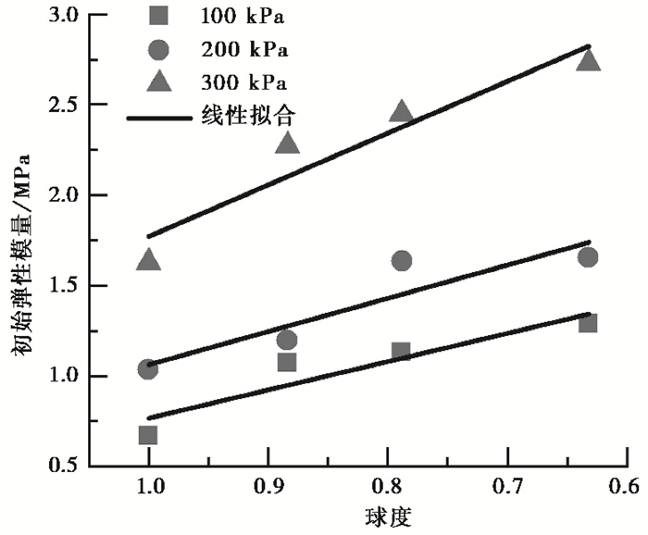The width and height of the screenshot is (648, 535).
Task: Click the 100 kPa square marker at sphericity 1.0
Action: tap(148, 435)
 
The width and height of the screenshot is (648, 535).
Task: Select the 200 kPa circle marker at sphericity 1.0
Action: tap(148, 369)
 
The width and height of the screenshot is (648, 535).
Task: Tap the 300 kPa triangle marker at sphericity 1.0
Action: tap(148, 261)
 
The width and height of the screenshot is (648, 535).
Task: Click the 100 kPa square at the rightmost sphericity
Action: tap(588, 323)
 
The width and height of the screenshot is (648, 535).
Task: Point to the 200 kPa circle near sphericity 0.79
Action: tap(401, 261)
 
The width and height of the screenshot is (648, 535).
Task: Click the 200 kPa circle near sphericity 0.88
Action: tap(287, 340)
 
